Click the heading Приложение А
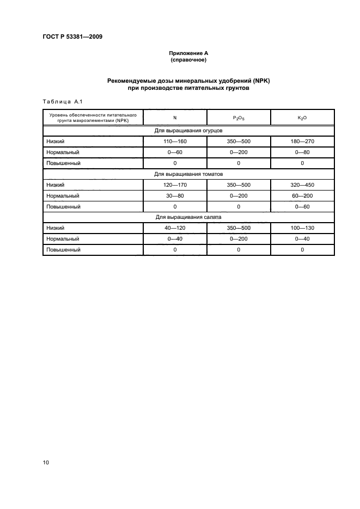coord(188,53)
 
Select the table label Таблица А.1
coord(62,101)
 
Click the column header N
coord(175,117)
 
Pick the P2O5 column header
coord(239,118)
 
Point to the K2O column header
coord(302,118)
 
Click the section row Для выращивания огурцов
coord(188,131)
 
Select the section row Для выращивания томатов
coord(188,174)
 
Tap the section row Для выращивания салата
coord(188,217)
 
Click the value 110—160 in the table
coord(175,142)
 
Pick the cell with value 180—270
coord(302,142)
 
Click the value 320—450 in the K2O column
coord(302,185)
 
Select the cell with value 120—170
coord(175,185)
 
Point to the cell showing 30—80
coord(175,196)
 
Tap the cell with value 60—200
coord(302,196)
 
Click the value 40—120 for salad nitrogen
coord(175,228)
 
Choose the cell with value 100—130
coord(302,228)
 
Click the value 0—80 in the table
coord(302,152)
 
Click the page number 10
coord(46,463)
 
